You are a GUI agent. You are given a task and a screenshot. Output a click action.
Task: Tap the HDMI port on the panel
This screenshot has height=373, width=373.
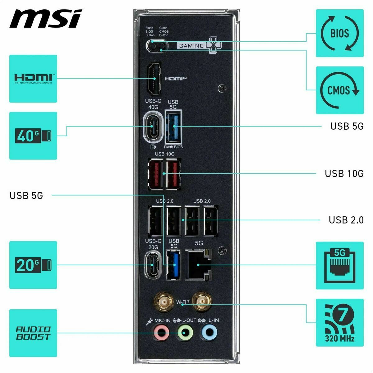(x=154, y=79)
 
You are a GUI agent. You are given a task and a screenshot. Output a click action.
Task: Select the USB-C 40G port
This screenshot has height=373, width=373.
(x=153, y=127)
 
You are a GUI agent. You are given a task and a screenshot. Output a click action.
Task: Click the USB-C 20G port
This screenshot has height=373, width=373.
(x=153, y=265)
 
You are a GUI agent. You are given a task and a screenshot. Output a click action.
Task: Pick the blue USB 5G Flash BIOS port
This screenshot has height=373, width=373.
(x=173, y=127)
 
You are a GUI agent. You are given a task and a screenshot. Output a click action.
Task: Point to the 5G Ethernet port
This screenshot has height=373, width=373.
(x=199, y=265)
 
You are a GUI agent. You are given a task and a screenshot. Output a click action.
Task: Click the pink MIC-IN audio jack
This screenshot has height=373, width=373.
(x=161, y=333)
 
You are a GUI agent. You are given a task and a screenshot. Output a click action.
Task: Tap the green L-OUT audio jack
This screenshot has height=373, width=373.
(x=185, y=333)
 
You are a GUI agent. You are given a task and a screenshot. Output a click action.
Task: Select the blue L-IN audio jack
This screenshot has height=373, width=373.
(x=209, y=333)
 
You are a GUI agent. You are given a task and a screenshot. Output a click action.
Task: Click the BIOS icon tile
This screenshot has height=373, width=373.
(x=339, y=33)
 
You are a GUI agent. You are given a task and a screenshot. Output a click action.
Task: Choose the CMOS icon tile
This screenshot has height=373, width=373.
(x=339, y=90)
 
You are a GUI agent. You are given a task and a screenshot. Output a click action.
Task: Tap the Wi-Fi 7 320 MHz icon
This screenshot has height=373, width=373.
(x=339, y=323)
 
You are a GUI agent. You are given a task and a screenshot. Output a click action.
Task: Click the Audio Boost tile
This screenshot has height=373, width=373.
(x=33, y=333)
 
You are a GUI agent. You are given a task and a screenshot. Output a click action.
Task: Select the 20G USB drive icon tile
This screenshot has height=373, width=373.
(x=33, y=265)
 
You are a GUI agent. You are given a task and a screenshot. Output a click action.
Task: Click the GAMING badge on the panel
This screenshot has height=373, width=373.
(x=199, y=46)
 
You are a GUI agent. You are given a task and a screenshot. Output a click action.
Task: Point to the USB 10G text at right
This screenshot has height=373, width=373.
(x=344, y=173)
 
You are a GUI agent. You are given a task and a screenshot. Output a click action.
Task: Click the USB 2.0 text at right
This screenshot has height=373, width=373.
(x=346, y=220)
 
